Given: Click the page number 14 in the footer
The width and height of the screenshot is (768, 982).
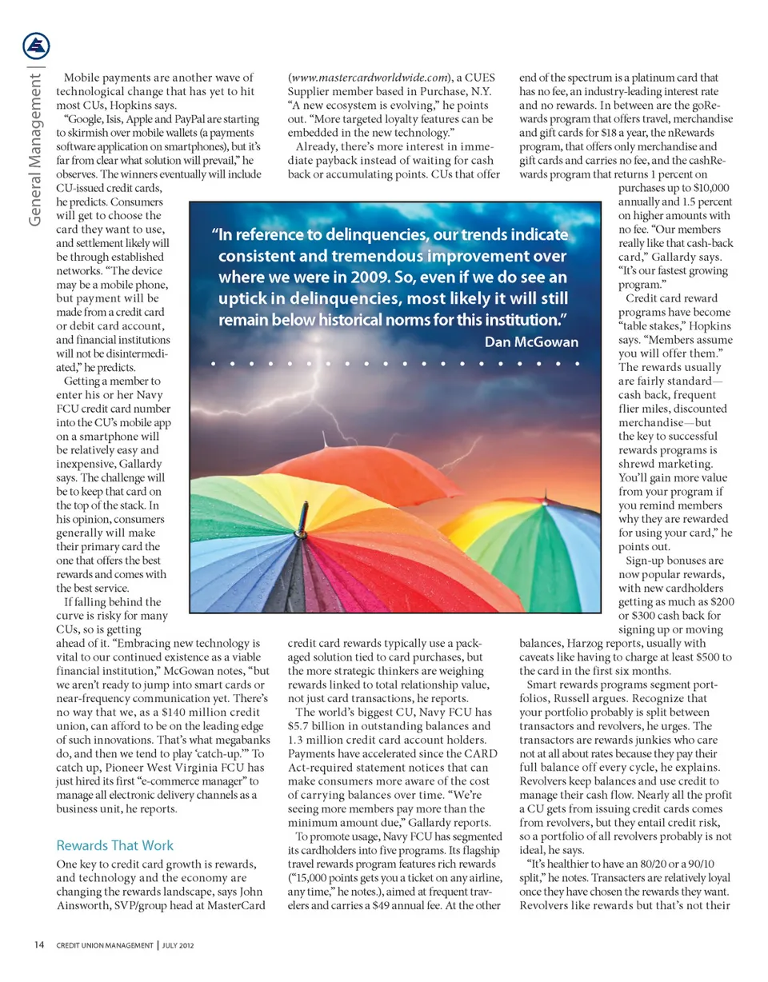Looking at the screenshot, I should pos(38,945).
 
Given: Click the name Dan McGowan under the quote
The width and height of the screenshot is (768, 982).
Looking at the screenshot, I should pos(531,341).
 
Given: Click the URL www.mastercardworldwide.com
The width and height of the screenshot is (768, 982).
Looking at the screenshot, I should pos(369,78).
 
